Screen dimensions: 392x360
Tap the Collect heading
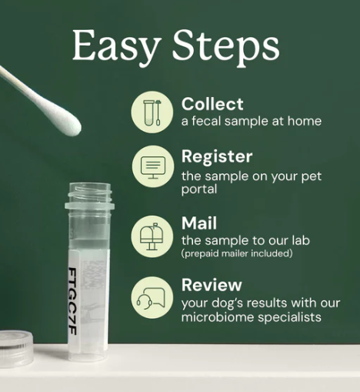[x=212, y=104]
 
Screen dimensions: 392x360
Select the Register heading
[x=217, y=157]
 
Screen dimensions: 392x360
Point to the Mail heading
[x=198, y=223]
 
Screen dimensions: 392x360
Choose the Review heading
[x=212, y=285]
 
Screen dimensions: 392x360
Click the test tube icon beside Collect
[x=152, y=112]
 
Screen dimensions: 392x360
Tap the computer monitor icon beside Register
[x=152, y=165]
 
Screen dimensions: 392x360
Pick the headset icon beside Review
[x=152, y=296]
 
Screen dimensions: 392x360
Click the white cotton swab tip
[x=65, y=120]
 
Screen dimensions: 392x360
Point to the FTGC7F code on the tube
[x=72, y=305]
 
